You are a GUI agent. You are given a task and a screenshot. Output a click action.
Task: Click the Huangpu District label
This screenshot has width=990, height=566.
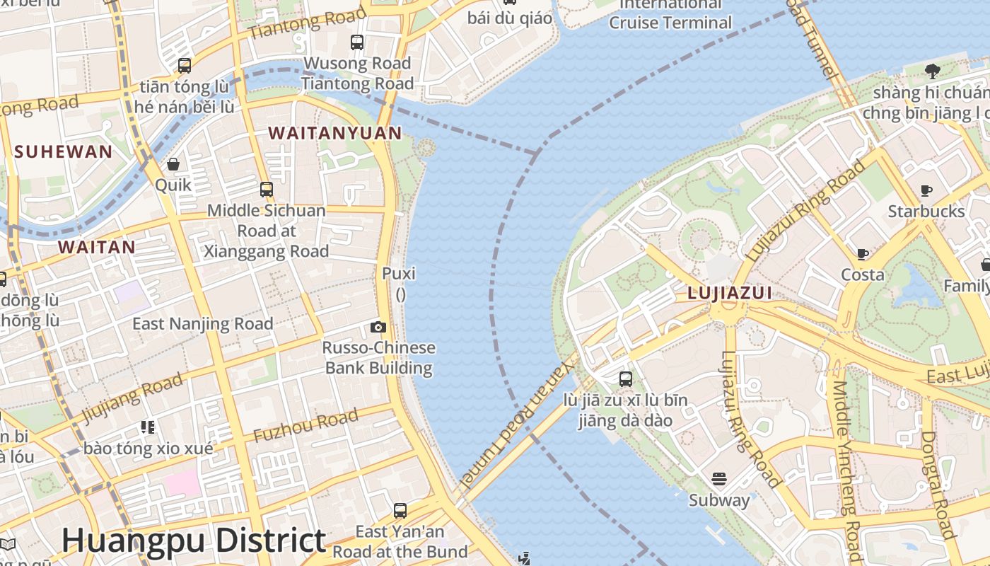[193, 541]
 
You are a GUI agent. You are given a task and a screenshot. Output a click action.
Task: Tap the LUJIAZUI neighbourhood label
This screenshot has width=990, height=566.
[729, 293]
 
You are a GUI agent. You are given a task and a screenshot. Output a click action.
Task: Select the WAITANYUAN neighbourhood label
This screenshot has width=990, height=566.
[335, 133]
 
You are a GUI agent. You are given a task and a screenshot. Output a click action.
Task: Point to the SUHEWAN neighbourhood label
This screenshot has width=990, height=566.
[63, 151]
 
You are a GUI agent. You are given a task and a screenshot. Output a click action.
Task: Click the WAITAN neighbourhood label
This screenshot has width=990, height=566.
[96, 247]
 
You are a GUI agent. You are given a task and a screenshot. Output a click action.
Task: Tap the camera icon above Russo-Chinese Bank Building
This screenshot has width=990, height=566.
[378, 327]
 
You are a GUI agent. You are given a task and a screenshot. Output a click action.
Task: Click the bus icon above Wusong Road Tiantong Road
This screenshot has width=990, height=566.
[357, 42]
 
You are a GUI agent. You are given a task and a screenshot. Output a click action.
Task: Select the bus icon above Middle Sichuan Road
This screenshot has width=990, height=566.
[267, 190]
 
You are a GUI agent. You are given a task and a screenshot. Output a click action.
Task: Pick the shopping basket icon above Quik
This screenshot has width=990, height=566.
[173, 165]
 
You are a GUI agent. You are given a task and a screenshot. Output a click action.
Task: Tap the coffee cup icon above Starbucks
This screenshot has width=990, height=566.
[926, 190]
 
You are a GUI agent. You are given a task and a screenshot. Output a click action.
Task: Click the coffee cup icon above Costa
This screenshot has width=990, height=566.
[863, 254]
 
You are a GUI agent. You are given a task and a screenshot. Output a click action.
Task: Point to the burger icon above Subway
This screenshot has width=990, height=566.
[719, 479]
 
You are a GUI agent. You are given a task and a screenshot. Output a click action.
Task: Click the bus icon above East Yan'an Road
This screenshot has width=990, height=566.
[400, 510]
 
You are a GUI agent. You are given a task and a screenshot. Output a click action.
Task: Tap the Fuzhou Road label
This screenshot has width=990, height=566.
[305, 426]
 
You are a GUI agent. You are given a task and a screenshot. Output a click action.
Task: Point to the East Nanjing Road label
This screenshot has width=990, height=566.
[202, 324]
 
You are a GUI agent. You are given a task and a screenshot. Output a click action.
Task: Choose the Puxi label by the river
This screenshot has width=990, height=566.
[399, 274]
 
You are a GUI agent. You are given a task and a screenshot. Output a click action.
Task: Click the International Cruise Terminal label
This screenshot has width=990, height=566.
[670, 13]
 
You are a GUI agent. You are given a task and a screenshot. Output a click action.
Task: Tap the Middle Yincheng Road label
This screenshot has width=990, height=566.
[846, 470]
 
